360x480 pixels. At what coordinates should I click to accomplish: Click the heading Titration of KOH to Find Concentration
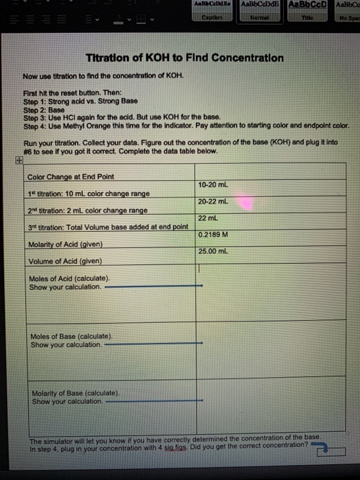(183, 58)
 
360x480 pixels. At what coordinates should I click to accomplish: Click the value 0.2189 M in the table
(213, 235)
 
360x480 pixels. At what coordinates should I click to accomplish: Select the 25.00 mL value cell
(214, 251)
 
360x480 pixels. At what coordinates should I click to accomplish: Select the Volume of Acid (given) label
(64, 261)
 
